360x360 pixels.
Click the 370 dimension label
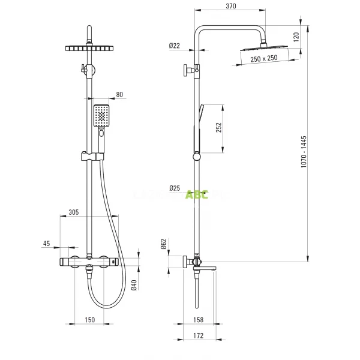(x=231, y=6)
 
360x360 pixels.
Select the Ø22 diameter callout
(x=175, y=46)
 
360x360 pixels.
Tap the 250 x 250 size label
(x=264, y=59)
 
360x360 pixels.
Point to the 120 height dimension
(x=296, y=37)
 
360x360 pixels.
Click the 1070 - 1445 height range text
(x=304, y=152)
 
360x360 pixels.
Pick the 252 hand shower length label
(x=219, y=128)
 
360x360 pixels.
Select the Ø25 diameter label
(x=175, y=188)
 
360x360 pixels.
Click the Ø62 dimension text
(x=163, y=244)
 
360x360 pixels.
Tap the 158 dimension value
(x=199, y=320)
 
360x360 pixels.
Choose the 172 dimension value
(x=199, y=335)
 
